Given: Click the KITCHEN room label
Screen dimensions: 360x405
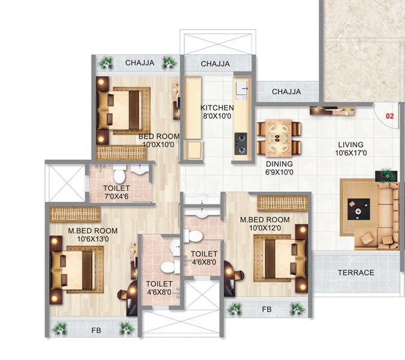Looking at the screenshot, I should point(217,108).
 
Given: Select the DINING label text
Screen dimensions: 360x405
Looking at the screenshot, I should point(280,164).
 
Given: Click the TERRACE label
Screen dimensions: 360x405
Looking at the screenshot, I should point(355,272).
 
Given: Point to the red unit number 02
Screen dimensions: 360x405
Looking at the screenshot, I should point(389,116).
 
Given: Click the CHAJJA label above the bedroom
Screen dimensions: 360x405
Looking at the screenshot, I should point(139,62).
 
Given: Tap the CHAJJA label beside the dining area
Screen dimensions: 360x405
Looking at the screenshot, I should point(286,92).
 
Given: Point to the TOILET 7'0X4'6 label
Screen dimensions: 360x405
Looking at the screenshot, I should point(116,192).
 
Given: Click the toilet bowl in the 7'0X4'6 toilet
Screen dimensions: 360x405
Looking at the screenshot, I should point(119,175).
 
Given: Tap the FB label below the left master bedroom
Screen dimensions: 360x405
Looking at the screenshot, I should point(95,329).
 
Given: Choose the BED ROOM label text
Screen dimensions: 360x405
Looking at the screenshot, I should point(159,136).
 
